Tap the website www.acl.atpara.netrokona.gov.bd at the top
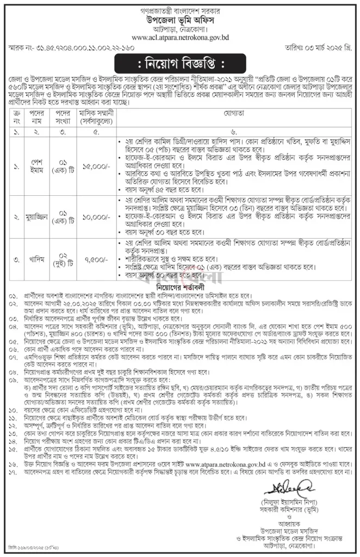click(180, 38)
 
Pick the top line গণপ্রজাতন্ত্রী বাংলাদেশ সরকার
click(180, 7)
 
